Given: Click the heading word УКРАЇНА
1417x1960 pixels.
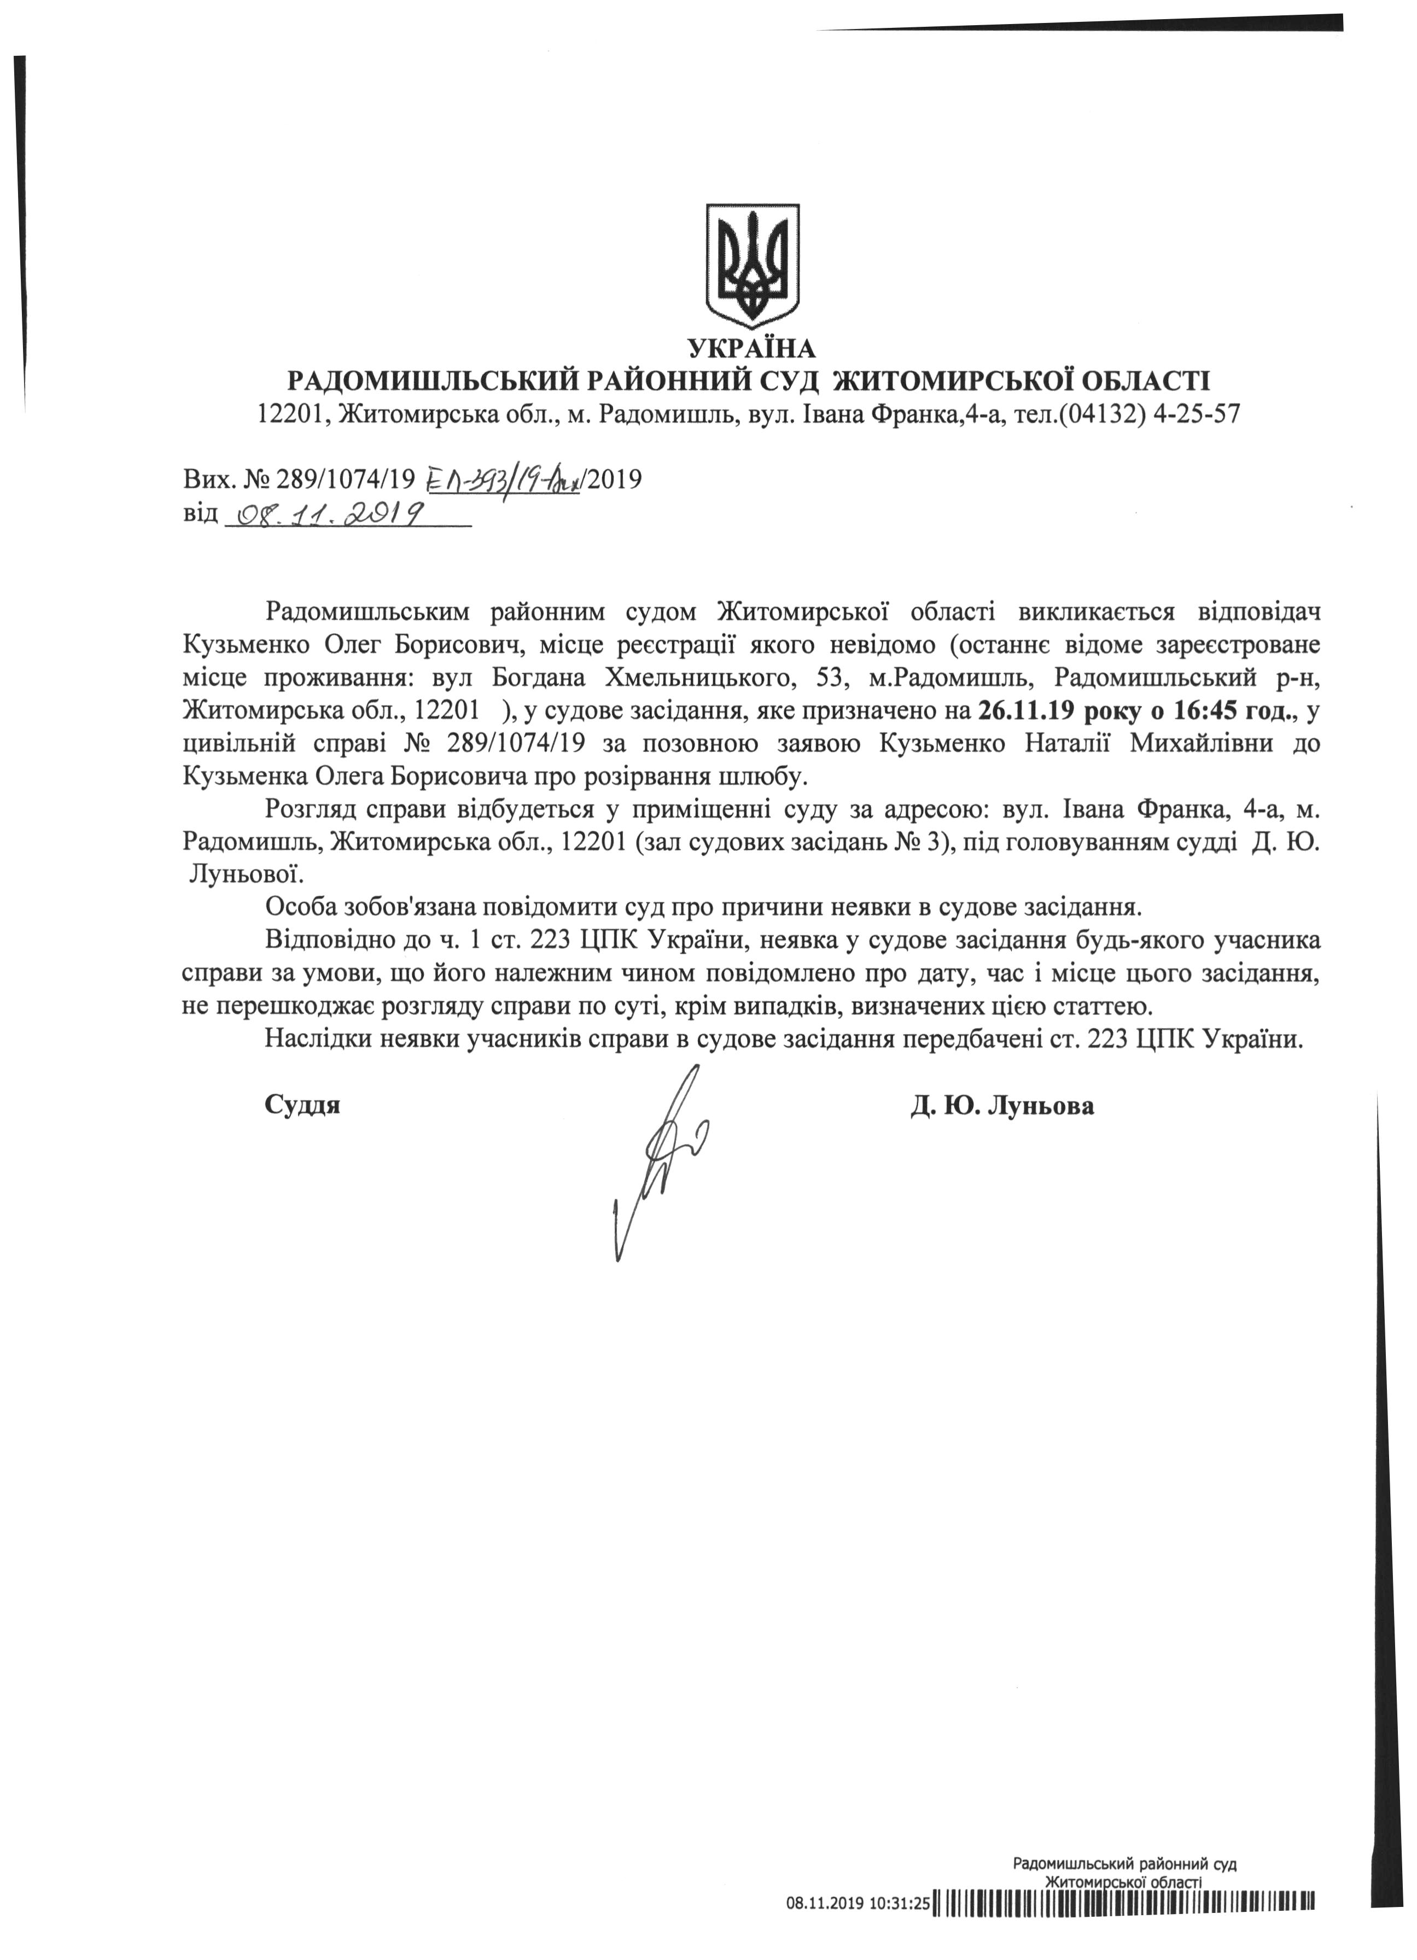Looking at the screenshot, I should [x=751, y=348].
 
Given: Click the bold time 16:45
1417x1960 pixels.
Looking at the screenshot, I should [x=1210, y=711].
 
